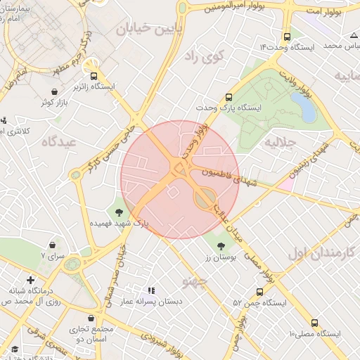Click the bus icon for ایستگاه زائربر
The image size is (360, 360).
[x=93, y=74]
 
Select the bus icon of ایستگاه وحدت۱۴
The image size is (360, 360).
[x=286, y=37]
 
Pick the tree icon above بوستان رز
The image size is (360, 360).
[x=222, y=245]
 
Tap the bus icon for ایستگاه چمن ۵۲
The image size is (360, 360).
[x=260, y=292]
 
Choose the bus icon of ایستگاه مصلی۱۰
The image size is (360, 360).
[x=314, y=322]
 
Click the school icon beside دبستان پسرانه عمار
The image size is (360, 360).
[x=150, y=290]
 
